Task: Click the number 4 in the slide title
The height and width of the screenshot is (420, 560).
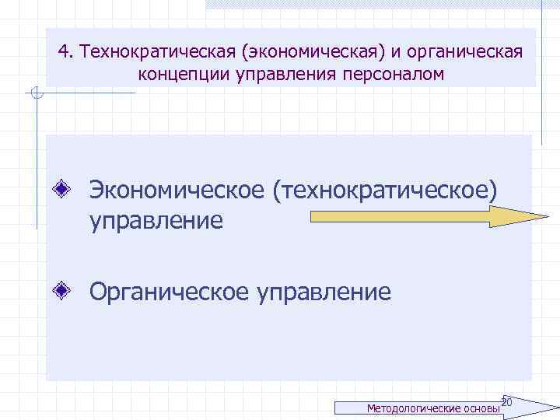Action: (63, 51)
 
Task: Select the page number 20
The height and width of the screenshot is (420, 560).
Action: (506, 401)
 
